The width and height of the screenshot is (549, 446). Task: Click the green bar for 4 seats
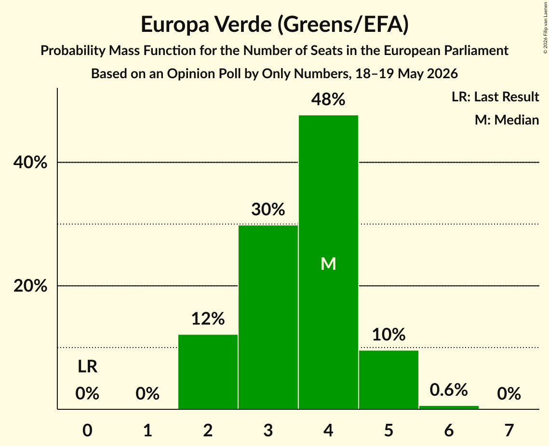[x=328, y=262]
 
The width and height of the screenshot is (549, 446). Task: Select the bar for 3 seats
[x=268, y=317]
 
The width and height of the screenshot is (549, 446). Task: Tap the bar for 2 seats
[x=208, y=372]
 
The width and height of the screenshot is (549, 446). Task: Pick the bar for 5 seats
[x=388, y=380]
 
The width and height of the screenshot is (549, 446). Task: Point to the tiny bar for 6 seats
[x=449, y=407]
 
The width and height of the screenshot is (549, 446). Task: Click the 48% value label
[x=328, y=99]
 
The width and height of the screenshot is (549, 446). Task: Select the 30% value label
[x=268, y=209]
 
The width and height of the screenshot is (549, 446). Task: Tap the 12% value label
[x=208, y=319]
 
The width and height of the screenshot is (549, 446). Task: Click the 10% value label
[x=388, y=334]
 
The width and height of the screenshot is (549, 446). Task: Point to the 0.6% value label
[x=449, y=390]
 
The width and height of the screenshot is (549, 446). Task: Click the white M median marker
[x=328, y=264]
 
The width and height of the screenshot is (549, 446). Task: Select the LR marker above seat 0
[x=88, y=366]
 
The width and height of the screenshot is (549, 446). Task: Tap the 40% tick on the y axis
[x=30, y=162]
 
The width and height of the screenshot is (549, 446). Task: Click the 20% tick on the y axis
[x=30, y=286]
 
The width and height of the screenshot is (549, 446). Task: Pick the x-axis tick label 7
[x=509, y=430]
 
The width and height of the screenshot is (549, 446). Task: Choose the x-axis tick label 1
[x=148, y=430]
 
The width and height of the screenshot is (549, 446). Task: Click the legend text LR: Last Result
[x=495, y=97]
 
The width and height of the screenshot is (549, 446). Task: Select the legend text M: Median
[x=507, y=120]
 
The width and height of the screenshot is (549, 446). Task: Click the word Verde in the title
[x=242, y=24]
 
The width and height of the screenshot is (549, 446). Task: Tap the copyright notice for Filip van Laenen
[x=545, y=28]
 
